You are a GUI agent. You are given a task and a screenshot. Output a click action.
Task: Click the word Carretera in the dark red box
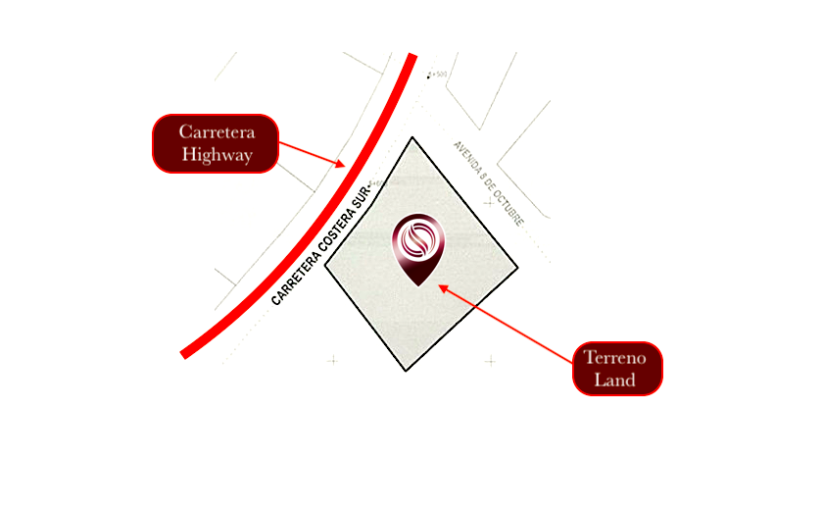[x=216, y=132]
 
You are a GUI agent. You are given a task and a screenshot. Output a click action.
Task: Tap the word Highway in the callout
[x=216, y=155]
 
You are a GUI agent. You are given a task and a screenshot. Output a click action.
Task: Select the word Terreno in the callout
[x=617, y=358]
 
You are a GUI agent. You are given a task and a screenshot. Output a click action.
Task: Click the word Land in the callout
[x=617, y=380]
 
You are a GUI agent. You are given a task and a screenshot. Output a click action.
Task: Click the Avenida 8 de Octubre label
[x=488, y=182]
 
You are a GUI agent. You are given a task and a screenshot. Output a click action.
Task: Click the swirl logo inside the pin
[x=418, y=240]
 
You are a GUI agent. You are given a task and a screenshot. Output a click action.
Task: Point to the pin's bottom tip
[x=419, y=284]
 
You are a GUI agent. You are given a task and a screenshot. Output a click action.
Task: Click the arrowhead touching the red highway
[x=341, y=164]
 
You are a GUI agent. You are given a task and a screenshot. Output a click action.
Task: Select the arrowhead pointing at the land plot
[x=442, y=287]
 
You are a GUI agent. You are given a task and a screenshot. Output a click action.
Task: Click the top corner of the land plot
[x=412, y=137]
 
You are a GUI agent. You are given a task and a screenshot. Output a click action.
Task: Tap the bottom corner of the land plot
[x=406, y=371]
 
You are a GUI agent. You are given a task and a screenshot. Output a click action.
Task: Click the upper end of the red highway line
[x=412, y=57]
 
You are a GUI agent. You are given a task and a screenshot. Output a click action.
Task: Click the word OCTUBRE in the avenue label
[x=509, y=209]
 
